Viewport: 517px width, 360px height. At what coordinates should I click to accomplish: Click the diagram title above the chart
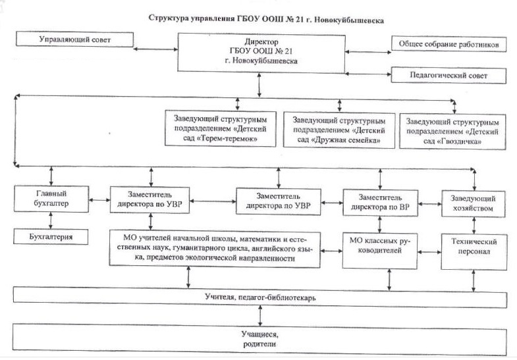click(x=266, y=19)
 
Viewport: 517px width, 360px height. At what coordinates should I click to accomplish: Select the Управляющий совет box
click(x=74, y=39)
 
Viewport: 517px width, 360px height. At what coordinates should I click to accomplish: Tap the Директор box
click(x=261, y=53)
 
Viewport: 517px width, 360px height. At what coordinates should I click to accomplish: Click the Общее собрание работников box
click(x=449, y=44)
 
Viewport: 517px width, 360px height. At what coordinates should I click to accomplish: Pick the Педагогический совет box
click(x=449, y=76)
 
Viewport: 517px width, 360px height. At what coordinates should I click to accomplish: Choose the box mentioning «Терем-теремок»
click(x=220, y=128)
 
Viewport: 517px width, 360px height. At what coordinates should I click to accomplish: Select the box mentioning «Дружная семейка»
click(x=339, y=130)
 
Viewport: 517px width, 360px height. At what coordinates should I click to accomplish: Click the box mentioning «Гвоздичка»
click(x=452, y=132)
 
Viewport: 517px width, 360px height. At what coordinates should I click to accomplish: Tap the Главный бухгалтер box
click(x=51, y=199)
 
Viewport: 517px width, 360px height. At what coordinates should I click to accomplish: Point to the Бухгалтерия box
click(x=51, y=236)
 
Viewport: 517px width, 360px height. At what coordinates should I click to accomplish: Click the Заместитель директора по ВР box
click(x=380, y=202)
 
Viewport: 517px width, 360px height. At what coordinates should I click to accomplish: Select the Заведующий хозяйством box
click(x=473, y=203)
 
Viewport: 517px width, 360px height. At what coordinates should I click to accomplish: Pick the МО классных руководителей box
click(x=379, y=251)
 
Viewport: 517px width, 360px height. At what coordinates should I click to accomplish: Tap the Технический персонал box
click(x=474, y=251)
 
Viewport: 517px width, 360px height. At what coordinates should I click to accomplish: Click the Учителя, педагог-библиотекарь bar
click(x=260, y=297)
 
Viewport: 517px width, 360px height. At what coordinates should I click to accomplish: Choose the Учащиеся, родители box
click(x=260, y=340)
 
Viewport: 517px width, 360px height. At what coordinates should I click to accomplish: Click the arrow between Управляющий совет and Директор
click(x=155, y=49)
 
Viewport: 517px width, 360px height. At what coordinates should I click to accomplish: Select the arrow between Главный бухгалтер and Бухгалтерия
click(x=51, y=220)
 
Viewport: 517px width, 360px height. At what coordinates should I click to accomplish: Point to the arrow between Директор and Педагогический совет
click(x=368, y=74)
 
